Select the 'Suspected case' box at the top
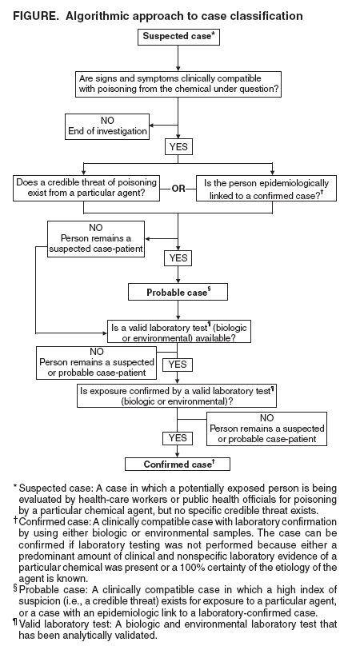(178, 36)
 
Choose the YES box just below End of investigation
(177, 147)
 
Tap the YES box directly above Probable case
(177, 259)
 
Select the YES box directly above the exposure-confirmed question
(177, 365)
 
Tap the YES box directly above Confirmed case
(177, 438)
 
